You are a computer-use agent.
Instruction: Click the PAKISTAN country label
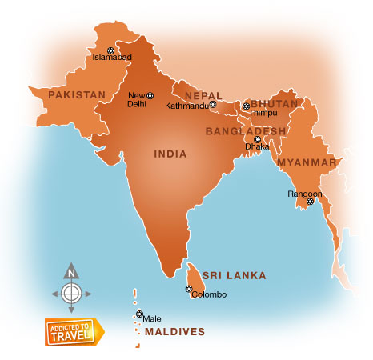coord(77,94)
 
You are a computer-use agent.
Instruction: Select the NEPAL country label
coord(198,94)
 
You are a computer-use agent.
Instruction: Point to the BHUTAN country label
coord(274,104)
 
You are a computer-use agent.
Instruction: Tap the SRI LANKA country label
coord(234,275)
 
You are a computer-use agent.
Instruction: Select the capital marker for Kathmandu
coord(212,105)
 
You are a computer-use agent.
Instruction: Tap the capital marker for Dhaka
coord(257,139)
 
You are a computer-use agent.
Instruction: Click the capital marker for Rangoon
coord(310,201)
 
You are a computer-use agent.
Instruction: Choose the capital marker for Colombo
coord(190,288)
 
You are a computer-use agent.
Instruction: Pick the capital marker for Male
coord(139,314)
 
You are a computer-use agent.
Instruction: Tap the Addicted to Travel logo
coord(74,330)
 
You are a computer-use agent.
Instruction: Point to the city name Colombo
coord(210,295)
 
